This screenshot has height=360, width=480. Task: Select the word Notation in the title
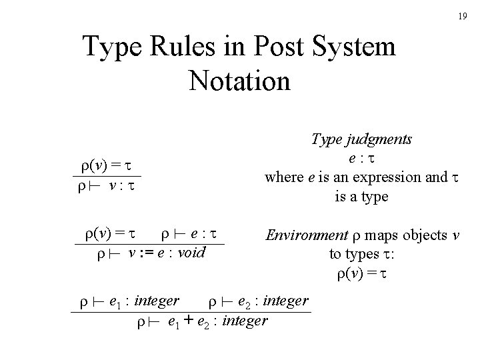(x=239, y=81)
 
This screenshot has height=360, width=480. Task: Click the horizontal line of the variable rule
(x=107, y=177)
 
